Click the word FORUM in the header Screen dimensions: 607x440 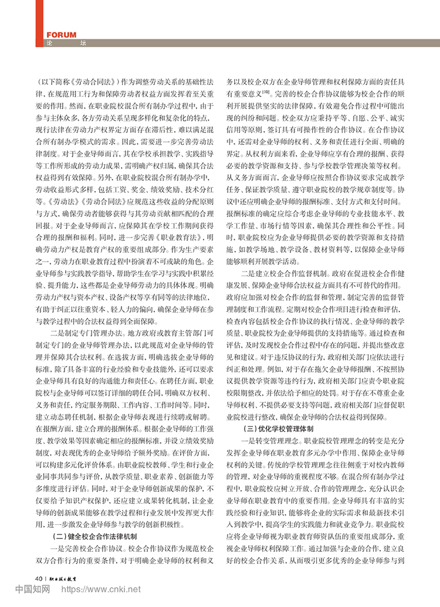pos(60,35)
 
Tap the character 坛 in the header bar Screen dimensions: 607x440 pos(83,43)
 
